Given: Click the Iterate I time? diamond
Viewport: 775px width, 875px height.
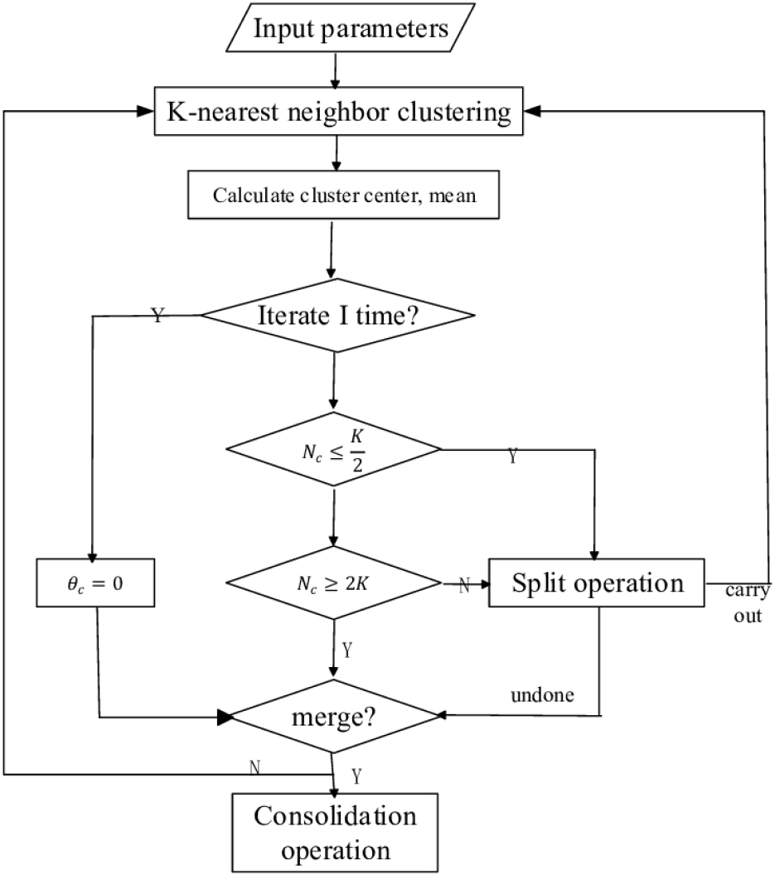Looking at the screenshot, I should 338,316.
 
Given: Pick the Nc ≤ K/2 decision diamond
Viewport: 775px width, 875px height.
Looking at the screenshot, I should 333,449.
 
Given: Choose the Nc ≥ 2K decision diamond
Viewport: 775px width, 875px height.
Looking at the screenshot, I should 333,583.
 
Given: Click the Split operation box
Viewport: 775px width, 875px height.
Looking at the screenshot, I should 597,583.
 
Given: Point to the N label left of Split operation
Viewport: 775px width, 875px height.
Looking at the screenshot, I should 463,585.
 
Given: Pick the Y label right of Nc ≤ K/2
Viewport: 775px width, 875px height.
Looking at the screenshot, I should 512,457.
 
